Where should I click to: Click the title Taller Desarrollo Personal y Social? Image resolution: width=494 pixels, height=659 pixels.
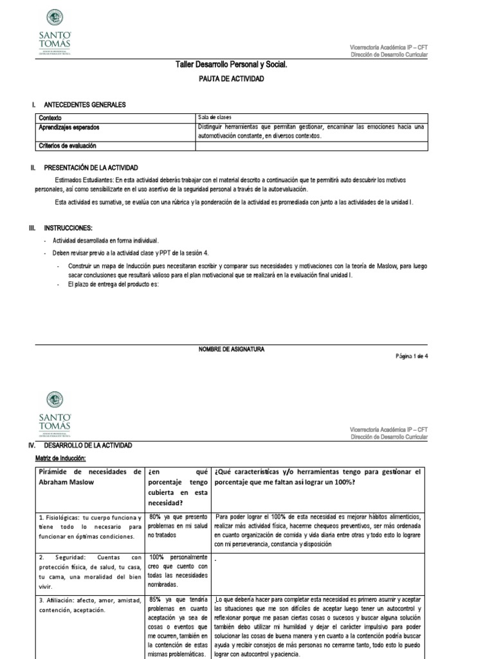(x=231, y=65)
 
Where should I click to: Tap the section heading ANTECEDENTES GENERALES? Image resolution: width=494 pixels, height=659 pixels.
(x=84, y=104)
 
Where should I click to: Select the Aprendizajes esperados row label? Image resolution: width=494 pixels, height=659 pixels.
(x=69, y=127)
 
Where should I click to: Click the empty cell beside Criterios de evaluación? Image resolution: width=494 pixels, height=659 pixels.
(x=311, y=146)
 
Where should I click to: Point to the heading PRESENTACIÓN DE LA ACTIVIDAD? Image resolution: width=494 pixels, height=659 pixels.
(x=92, y=167)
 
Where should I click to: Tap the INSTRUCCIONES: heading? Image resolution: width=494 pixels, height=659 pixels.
(x=68, y=228)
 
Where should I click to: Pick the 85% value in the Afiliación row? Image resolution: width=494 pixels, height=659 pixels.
(x=155, y=599)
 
